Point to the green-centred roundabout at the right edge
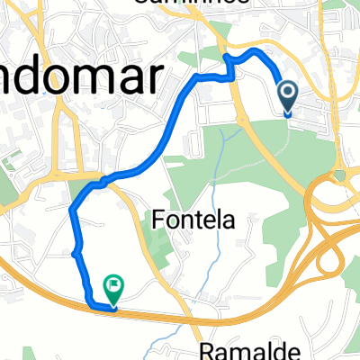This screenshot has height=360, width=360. click(x=339, y=175)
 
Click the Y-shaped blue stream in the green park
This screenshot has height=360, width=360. click(x=229, y=144)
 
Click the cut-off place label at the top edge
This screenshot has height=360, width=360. click(x=180, y=4)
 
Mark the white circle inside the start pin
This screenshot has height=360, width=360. click(x=288, y=91)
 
